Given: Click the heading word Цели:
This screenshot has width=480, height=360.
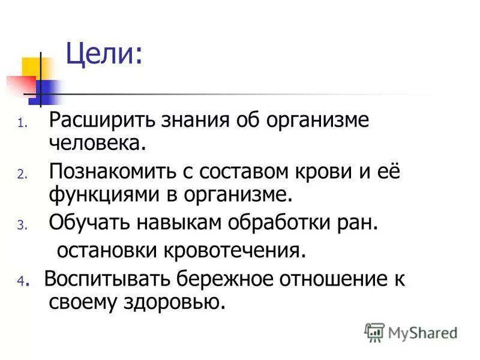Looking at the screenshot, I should point(104,55).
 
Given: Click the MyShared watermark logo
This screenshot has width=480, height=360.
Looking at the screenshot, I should point(411,332).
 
